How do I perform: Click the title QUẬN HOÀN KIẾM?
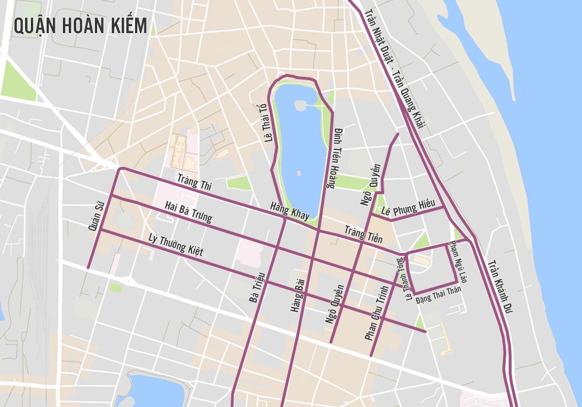(80, 26)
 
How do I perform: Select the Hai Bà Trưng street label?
(188, 212)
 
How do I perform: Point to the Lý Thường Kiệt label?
(175, 244)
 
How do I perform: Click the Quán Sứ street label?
(95, 216)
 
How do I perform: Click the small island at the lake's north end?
(300, 105)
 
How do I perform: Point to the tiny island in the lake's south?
(298, 173)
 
